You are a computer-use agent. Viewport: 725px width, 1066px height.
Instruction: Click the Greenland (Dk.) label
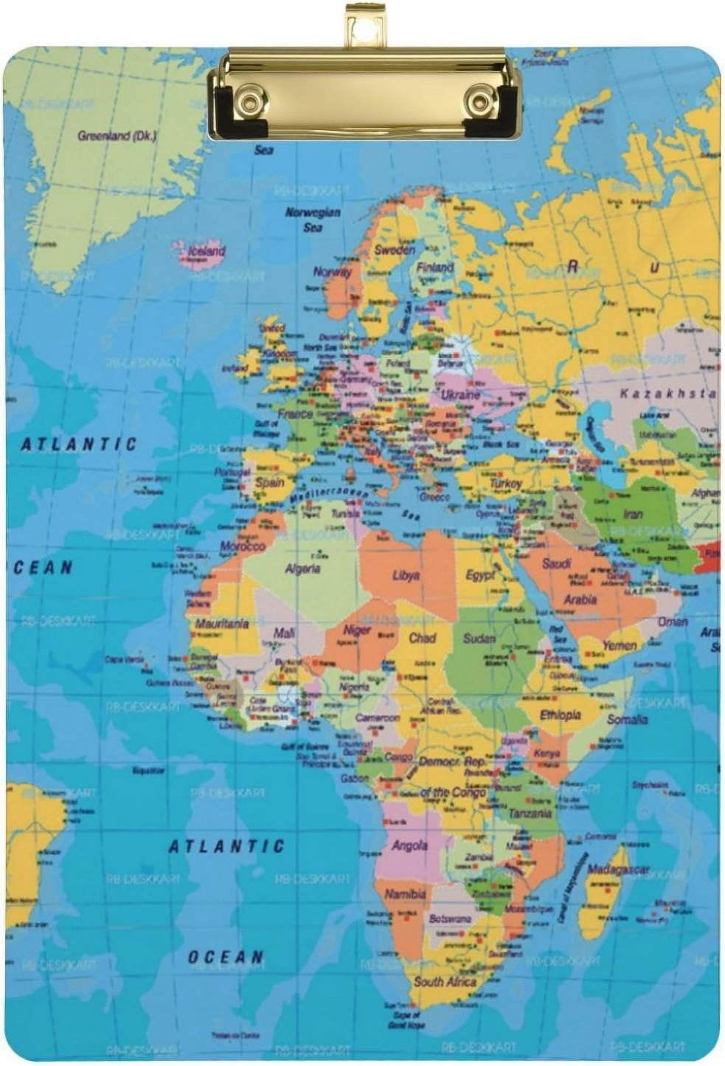coord(117,136)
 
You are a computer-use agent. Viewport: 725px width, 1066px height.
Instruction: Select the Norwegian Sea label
coord(313,219)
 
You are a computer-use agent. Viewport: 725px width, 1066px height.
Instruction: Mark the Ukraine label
coord(460,394)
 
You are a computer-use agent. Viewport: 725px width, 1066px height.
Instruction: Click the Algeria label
coord(302,569)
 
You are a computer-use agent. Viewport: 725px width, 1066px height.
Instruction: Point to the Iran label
coord(632,514)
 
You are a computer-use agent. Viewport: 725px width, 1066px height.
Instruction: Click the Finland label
coord(434,267)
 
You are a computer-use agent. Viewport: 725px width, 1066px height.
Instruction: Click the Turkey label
coord(506,483)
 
